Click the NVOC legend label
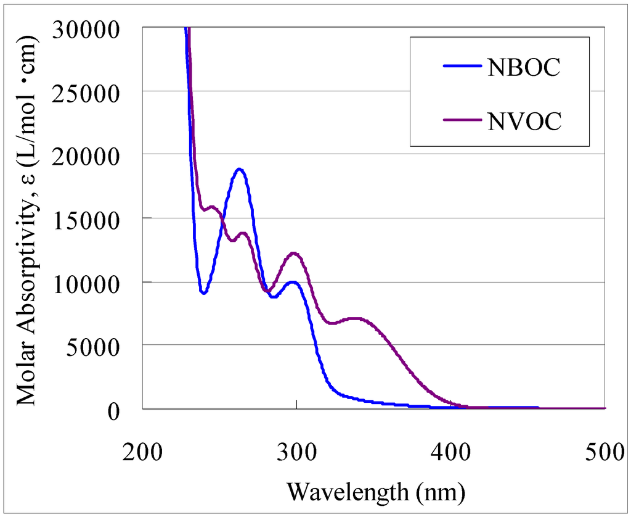pyautogui.click(x=524, y=122)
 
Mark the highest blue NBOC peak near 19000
pyautogui.click(x=240, y=169)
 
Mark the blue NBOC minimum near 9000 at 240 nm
pyautogui.click(x=203, y=292)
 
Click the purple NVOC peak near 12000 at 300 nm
pyautogui.click(x=295, y=253)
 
